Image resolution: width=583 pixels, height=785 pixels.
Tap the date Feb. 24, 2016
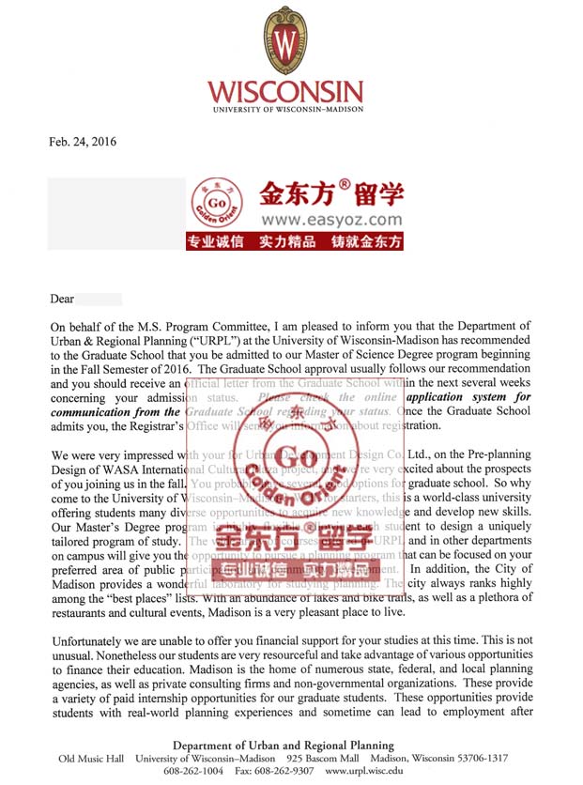(83, 142)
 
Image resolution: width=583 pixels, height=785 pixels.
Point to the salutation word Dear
(62, 300)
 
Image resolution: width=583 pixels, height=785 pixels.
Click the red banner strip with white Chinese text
(295, 241)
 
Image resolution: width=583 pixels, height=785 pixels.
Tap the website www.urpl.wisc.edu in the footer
(364, 771)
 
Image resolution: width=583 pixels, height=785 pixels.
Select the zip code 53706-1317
(476, 758)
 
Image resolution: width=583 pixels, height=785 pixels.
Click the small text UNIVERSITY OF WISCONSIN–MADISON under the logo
(284, 111)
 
